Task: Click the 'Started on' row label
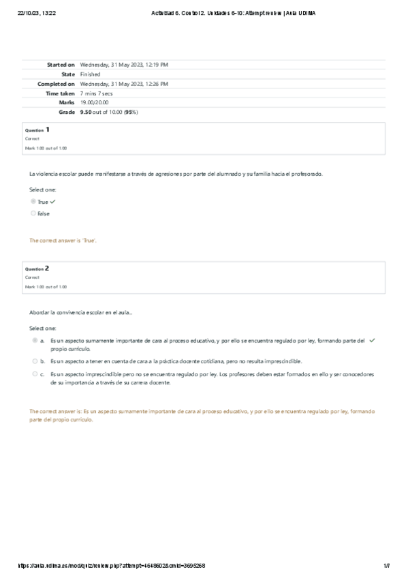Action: coord(61,65)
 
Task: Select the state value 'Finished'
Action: coord(90,74)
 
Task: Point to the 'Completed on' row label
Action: coord(56,84)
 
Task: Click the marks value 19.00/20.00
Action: coord(94,102)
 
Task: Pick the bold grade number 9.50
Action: coord(86,112)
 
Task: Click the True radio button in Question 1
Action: coord(33,202)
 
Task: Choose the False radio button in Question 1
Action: coord(33,213)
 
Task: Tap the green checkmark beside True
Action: coord(52,202)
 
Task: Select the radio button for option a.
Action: coord(34,340)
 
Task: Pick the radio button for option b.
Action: coord(34,361)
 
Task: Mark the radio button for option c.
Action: coord(34,374)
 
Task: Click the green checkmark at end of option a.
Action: coord(373,340)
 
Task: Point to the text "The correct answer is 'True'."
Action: coord(63,241)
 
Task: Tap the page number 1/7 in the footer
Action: coord(386,566)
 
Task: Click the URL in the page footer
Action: coord(110,566)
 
